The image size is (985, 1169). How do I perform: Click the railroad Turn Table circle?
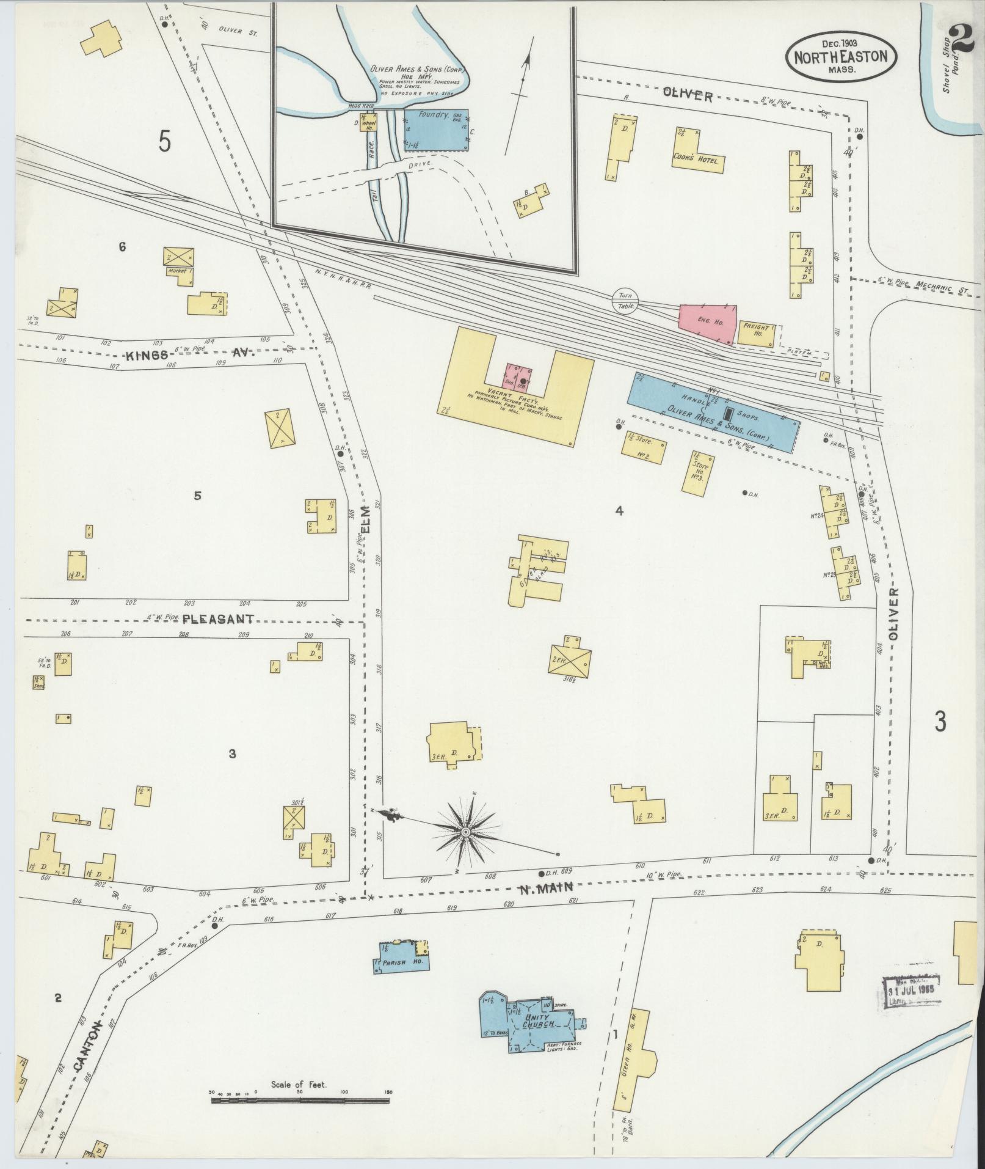click(x=624, y=300)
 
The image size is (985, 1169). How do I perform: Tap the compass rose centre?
click(x=465, y=832)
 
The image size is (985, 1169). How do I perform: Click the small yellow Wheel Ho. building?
click(x=368, y=122)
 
